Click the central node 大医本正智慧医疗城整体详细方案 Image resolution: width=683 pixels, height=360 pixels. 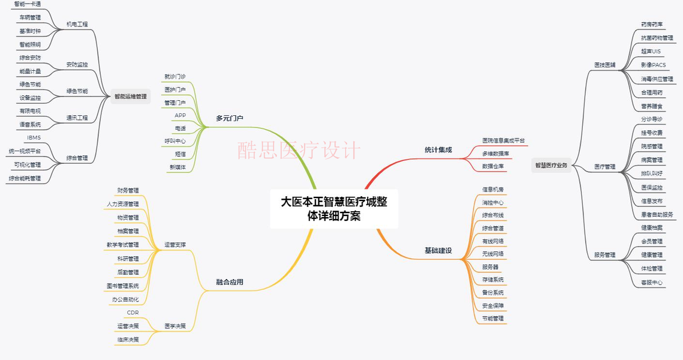(334, 208)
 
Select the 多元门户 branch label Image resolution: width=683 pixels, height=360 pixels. (230, 118)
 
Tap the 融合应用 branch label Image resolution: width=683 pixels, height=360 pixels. (230, 282)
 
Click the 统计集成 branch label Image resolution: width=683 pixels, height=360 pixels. (438, 149)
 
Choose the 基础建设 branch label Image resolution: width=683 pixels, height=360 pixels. (438, 250)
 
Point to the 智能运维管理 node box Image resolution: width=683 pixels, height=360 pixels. (130, 96)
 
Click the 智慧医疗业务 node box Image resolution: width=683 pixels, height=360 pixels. (550, 165)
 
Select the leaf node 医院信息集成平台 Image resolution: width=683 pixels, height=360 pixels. (503, 140)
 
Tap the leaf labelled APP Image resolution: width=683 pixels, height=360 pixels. (180, 115)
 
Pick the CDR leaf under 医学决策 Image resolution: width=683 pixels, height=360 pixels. (133, 313)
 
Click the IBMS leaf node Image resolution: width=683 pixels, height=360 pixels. (34, 137)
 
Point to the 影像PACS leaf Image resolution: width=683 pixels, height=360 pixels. (653, 65)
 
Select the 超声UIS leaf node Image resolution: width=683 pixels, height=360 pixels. (651, 51)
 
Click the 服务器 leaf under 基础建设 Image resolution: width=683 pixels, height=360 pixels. (490, 266)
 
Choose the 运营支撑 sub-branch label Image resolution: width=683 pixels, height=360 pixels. (175, 245)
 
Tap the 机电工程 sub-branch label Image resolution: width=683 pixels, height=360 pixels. (77, 24)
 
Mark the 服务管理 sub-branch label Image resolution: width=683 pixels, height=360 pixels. (604, 254)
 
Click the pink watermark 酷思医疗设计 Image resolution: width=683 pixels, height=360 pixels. (299, 149)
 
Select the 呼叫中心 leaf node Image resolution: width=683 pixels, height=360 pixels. (175, 141)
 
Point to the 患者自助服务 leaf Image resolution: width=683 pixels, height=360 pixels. (657, 214)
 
